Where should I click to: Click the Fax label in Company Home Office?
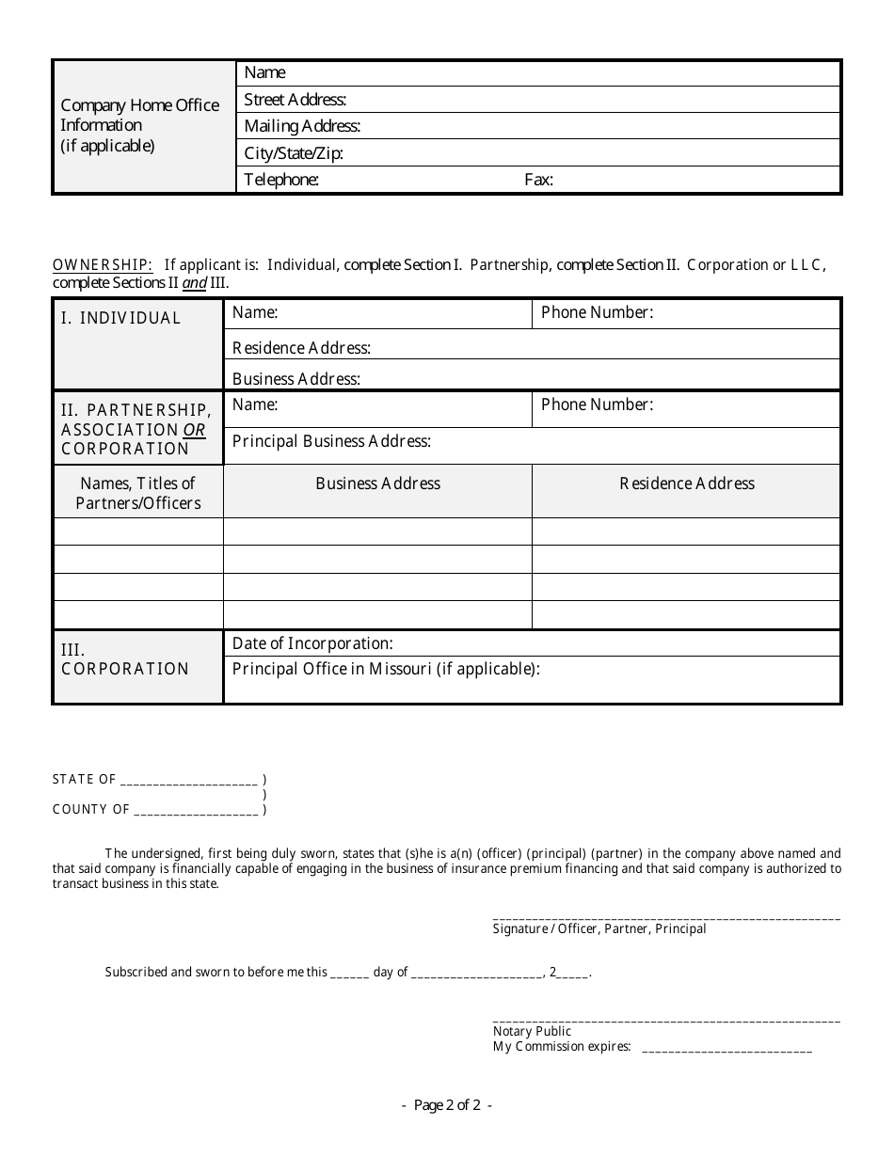point(538,180)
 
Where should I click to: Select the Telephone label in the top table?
point(281,180)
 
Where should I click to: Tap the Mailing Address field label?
point(302,126)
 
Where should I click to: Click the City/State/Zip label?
point(294,153)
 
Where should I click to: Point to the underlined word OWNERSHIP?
point(103,265)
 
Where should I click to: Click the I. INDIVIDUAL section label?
point(120,318)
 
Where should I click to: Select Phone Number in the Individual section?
point(597,312)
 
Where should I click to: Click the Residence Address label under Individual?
point(301,348)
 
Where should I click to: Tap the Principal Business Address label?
point(331,441)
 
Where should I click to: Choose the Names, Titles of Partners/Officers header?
point(138,493)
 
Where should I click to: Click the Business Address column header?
point(377,483)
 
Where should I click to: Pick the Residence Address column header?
point(687,483)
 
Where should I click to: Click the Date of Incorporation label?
point(312,643)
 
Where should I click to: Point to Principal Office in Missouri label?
point(386,670)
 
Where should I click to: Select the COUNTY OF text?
point(91,809)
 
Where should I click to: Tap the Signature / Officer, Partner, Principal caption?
point(599,929)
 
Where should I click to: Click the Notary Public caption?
point(532,1031)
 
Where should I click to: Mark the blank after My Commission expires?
point(726,1048)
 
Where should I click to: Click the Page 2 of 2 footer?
point(447,1106)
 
